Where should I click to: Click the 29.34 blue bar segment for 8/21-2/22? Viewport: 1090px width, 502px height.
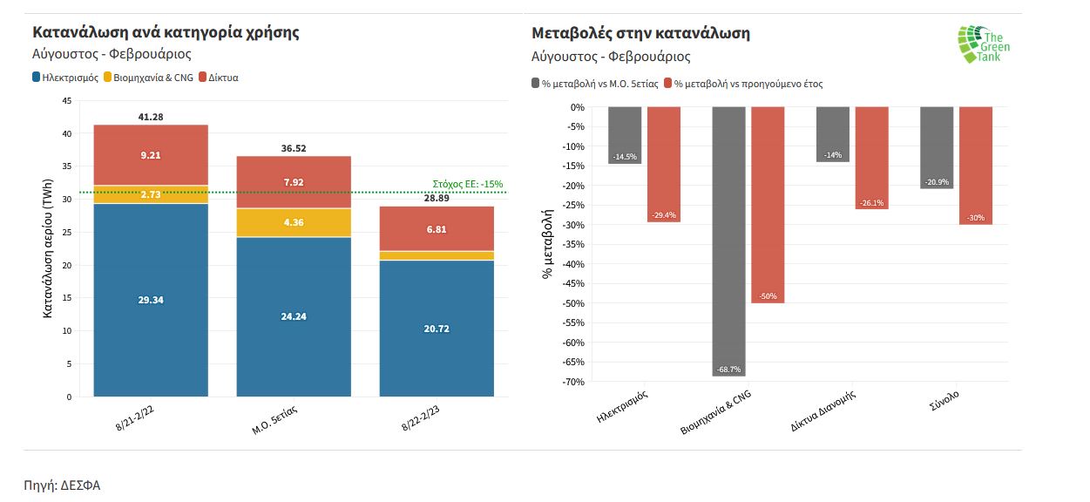pyautogui.click(x=151, y=300)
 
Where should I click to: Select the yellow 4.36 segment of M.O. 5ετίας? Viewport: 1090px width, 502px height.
pyautogui.click(x=295, y=222)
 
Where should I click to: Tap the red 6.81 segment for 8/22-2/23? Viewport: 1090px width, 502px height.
pyautogui.click(x=437, y=228)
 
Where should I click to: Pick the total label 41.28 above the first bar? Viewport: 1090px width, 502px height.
pyautogui.click(x=151, y=117)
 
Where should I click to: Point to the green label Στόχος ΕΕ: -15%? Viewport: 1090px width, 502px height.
pyautogui.click(x=467, y=184)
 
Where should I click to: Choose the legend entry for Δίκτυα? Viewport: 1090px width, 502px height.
pyautogui.click(x=219, y=78)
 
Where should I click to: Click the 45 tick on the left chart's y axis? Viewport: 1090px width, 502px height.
pyautogui.click(x=67, y=101)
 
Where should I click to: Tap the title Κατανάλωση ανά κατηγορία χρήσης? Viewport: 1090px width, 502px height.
pyautogui.click(x=166, y=33)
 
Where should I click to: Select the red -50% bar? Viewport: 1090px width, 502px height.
pyautogui.click(x=768, y=205)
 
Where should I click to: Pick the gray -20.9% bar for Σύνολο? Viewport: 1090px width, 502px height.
pyautogui.click(x=937, y=148)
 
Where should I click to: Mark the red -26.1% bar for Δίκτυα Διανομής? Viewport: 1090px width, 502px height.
pyautogui.click(x=871, y=158)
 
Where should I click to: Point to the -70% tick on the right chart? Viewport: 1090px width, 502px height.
pyautogui.click(x=572, y=382)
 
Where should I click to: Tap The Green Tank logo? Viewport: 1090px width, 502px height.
pyautogui.click(x=984, y=44)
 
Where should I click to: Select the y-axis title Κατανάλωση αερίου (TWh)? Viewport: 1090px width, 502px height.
pyautogui.click(x=49, y=248)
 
